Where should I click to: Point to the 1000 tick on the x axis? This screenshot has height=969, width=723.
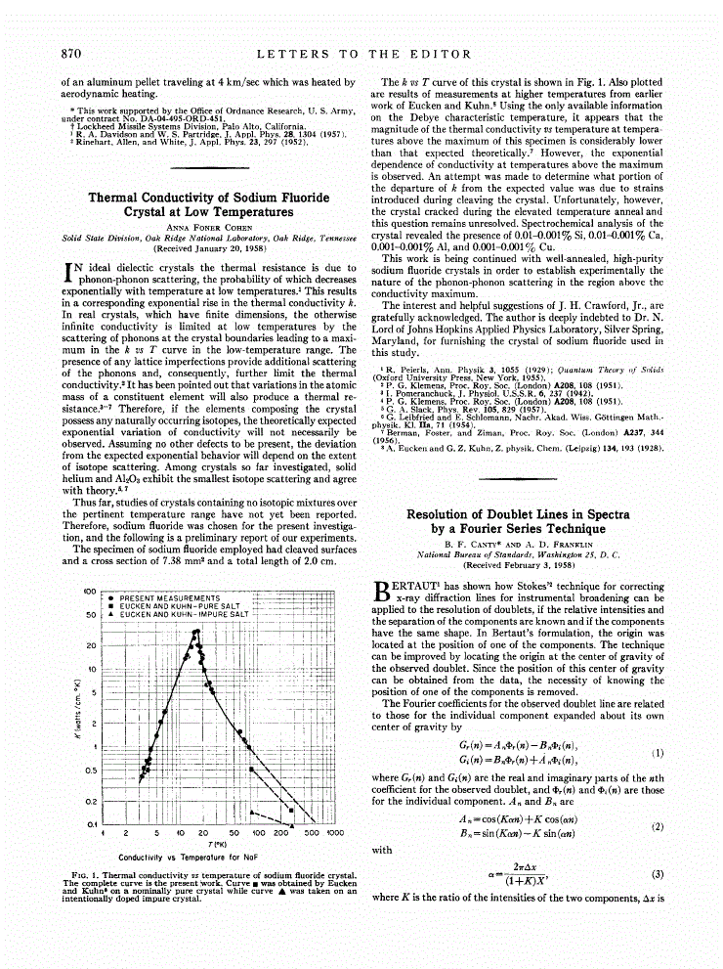335,833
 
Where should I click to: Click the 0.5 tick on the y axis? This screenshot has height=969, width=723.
89,771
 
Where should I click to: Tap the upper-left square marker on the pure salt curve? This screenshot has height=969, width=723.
251,770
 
